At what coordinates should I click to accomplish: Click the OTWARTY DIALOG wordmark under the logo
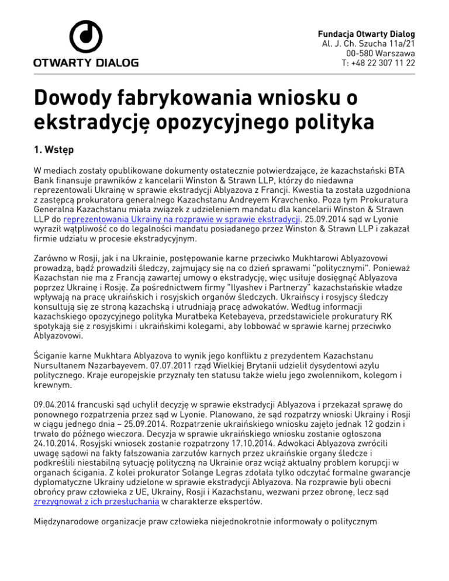coord(85,62)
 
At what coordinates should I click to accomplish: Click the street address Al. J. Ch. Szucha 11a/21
coord(369,42)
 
